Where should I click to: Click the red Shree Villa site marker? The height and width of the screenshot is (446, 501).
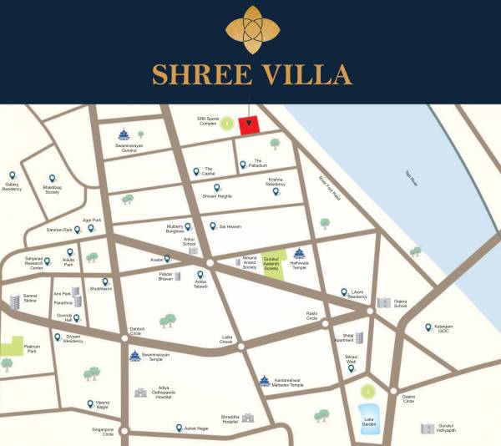249,125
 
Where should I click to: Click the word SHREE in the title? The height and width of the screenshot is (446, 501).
194,75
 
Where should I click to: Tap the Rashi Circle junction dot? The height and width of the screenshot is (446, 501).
326,322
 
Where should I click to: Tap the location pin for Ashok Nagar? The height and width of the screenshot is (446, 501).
180,427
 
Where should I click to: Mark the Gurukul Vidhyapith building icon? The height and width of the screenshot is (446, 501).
428,428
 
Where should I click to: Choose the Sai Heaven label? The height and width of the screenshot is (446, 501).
230,226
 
